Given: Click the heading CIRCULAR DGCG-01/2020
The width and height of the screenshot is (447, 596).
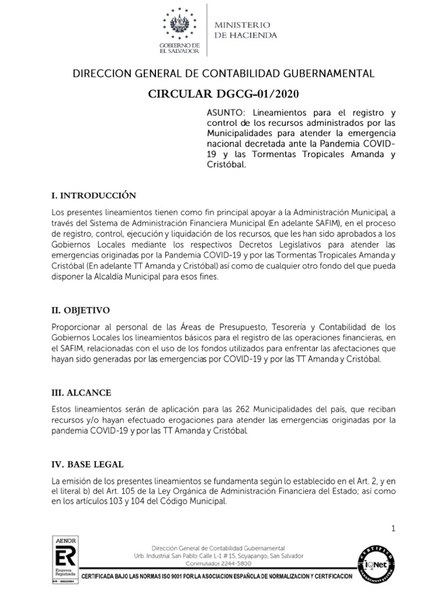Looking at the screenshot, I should coord(223,95).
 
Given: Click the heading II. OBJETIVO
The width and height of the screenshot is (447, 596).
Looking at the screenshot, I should coord(80,310).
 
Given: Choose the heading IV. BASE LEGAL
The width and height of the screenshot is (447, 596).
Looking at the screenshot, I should coord(87,465).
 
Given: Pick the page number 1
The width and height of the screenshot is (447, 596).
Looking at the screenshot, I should coord(393,528).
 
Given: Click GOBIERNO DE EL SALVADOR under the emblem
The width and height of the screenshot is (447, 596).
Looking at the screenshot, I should coord(184,48).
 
